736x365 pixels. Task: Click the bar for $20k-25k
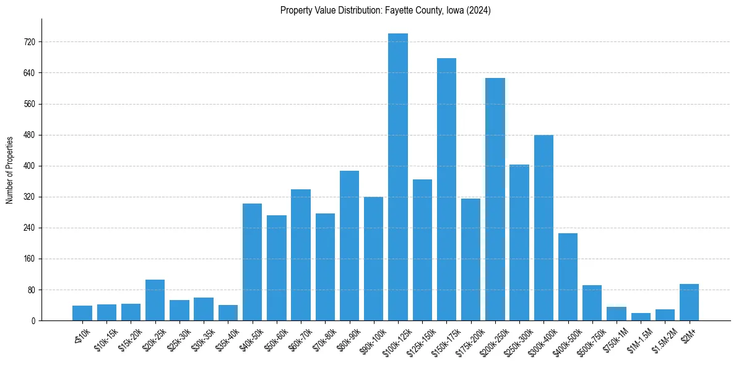click(155, 300)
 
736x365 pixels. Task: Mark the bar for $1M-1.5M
click(641, 317)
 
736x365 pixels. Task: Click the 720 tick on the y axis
click(29, 42)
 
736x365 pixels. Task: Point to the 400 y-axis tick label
click(29, 166)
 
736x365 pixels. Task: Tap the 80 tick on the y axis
click(31, 290)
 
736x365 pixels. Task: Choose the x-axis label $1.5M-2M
click(662, 337)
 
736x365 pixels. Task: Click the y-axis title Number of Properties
click(10, 170)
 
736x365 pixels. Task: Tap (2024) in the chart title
click(479, 11)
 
